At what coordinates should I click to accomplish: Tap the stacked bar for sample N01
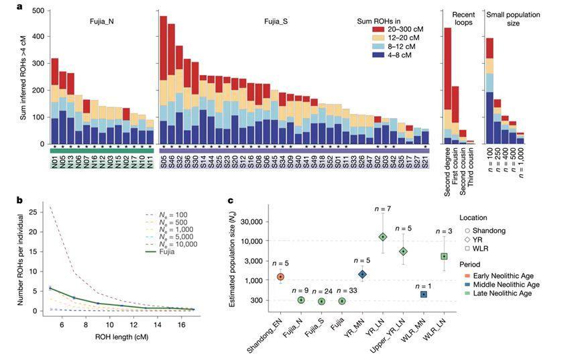pos(55,101)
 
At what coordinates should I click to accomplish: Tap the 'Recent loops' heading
pos(463,18)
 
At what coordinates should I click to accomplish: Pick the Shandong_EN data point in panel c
pos(282,276)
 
